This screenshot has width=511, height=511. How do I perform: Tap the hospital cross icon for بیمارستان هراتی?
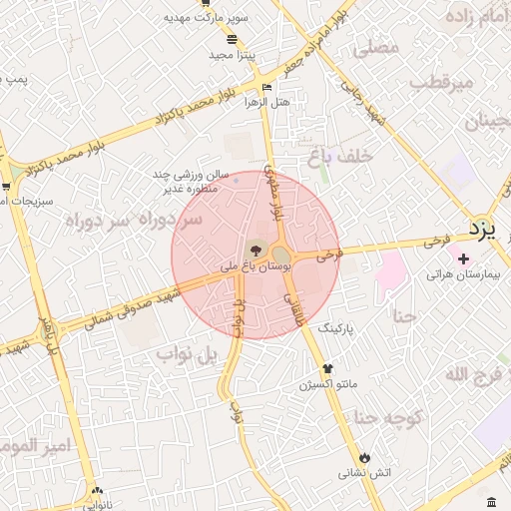tap(463, 258)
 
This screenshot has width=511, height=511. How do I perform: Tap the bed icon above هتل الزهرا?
tap(265, 87)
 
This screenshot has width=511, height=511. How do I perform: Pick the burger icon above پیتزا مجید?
tap(233, 40)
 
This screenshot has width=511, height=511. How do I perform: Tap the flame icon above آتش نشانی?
tap(364, 456)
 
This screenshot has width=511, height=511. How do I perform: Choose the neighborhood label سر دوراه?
tap(135, 218)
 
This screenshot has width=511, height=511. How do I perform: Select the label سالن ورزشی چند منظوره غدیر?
tap(196, 180)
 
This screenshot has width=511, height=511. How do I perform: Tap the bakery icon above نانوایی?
tap(97, 490)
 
